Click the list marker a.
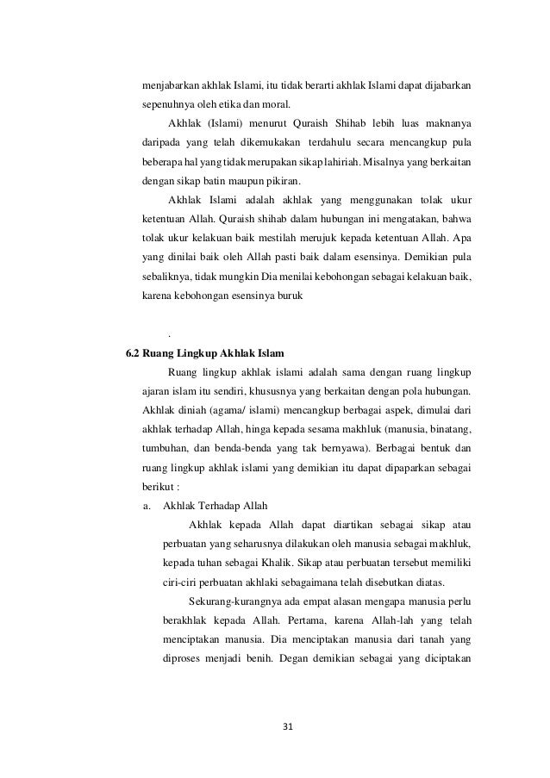pos(148,504)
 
